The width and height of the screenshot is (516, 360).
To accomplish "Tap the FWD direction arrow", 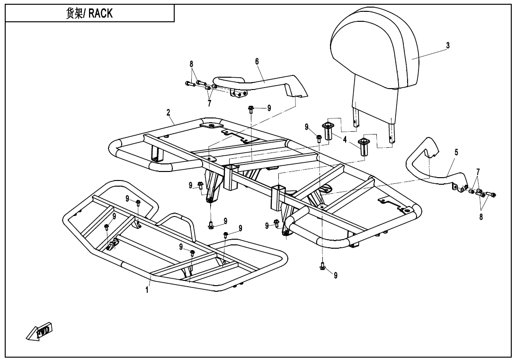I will click(39, 331).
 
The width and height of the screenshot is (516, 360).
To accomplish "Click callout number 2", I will click(168, 113).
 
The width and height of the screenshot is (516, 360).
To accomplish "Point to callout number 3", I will click(447, 45).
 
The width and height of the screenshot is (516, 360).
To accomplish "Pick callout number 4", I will click(345, 139).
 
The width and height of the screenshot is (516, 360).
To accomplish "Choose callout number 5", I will click(456, 152).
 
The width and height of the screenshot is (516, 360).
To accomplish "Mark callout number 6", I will click(257, 61).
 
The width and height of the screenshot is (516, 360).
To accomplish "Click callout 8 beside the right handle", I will click(480, 218).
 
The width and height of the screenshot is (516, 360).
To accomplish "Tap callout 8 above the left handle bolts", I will click(192, 64).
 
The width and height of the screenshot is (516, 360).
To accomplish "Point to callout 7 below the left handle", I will click(209, 104).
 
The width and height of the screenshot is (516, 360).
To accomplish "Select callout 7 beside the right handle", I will click(478, 171).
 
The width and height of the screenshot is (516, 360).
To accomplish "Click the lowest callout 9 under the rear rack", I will click(336, 276).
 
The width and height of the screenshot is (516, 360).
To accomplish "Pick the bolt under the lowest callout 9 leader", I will click(322, 268).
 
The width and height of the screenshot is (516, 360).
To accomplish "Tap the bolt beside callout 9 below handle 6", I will click(251, 110).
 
